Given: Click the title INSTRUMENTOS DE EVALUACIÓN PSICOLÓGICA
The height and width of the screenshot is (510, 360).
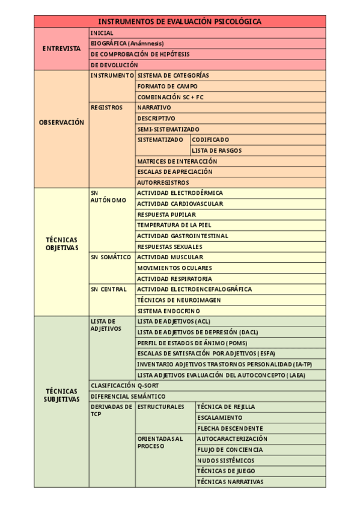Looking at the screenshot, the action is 180,22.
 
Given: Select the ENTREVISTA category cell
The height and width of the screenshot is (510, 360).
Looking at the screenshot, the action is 61,49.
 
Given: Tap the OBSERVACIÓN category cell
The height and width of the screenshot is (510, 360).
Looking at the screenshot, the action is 61,122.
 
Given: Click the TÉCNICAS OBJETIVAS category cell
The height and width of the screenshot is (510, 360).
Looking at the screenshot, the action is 61,243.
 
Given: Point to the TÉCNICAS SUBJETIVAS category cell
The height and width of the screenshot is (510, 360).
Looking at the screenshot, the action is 61,395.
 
